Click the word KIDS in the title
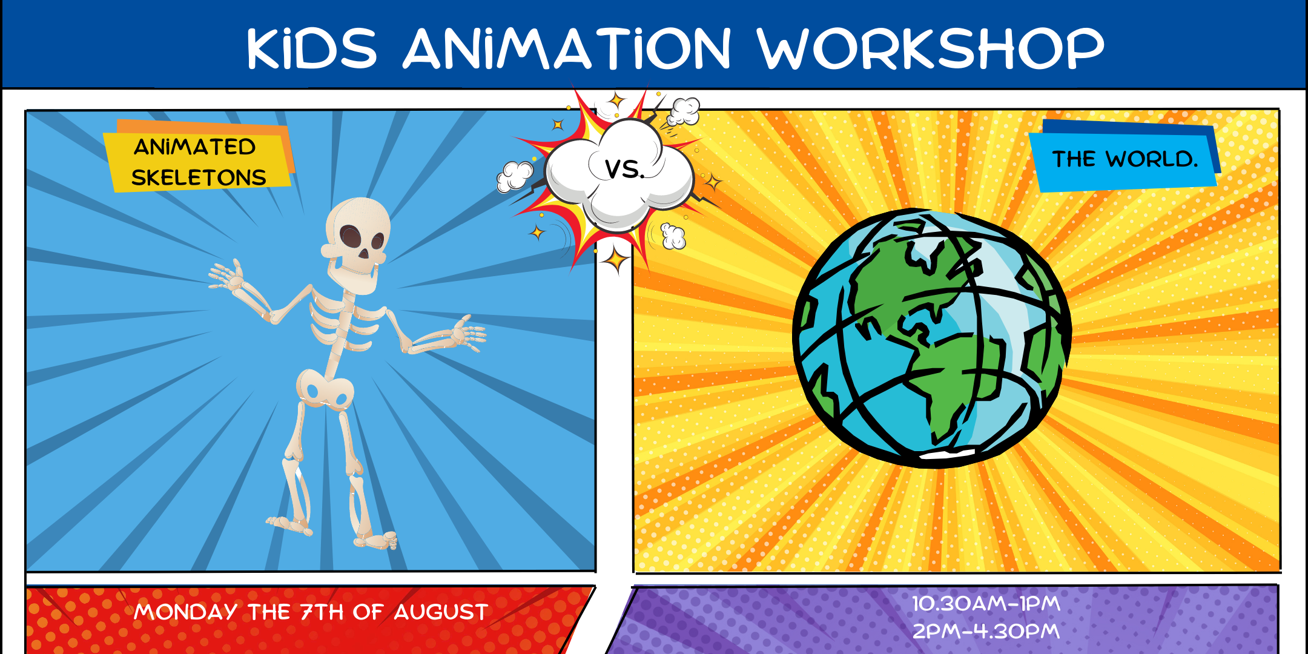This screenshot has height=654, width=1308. click(311, 48)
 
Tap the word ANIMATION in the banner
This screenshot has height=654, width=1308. click(567, 48)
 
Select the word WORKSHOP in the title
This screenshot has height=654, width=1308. click(930, 48)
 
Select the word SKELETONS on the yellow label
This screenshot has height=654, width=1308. click(199, 177)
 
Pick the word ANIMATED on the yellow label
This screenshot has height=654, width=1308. click(194, 147)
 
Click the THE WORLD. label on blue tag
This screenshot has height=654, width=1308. click(1125, 159)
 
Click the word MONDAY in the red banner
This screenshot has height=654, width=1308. click(185, 612)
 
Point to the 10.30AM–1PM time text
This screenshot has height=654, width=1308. click(986, 603)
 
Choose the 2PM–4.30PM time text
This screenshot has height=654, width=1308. click(986, 631)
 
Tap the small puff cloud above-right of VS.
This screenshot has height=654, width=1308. click(684, 111)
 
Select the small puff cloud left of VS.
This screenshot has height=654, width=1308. click(514, 176)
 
